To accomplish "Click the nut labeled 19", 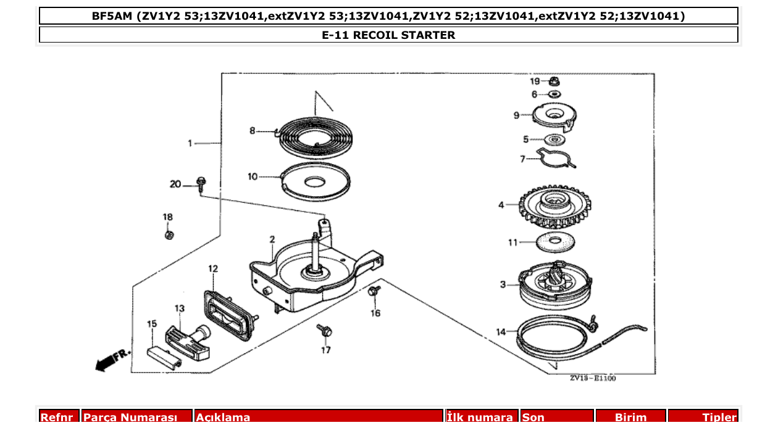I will click(553, 81).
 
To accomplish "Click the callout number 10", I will click(253, 177).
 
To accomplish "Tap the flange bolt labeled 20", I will click(201, 183).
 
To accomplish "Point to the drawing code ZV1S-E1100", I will click(592, 379).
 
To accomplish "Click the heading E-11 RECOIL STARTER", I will click(388, 35).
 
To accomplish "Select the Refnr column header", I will click(59, 418).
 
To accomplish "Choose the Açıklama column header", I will click(319, 418).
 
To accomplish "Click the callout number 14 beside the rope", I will click(501, 332).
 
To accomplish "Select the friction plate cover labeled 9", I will click(554, 115).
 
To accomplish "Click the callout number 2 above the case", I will click(272, 239).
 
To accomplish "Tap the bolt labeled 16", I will click(374, 290).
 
